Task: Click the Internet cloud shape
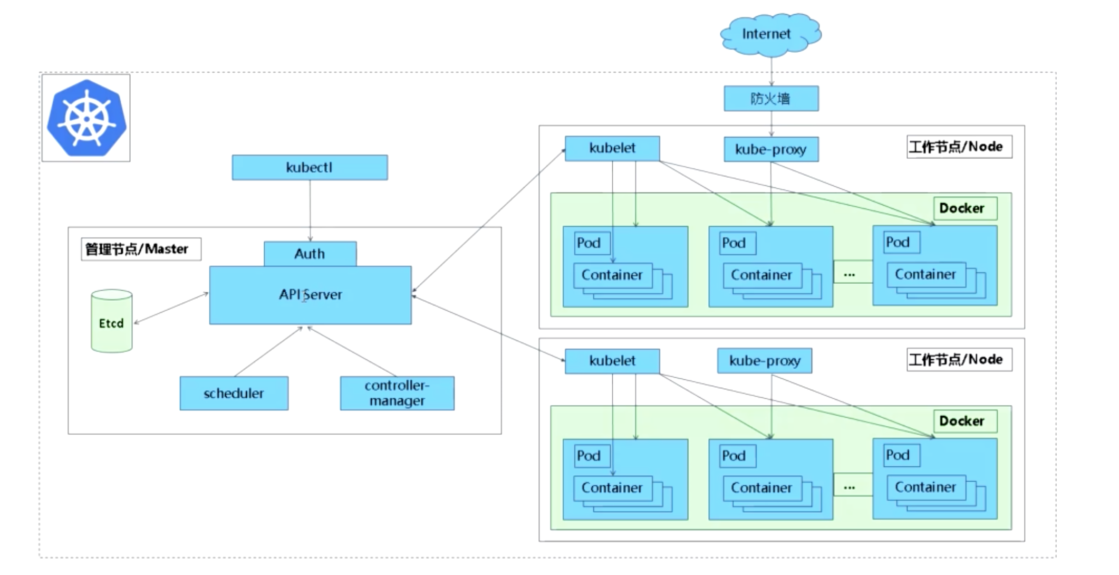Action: coord(770,34)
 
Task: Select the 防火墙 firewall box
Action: coord(771,99)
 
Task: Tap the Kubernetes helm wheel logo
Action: coord(86,118)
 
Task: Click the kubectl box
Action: coord(310,167)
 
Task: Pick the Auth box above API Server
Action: coord(310,254)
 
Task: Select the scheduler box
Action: coord(234,393)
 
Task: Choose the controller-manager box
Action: coord(397,393)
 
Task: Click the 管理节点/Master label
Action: coord(140,249)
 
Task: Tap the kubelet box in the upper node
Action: coord(612,148)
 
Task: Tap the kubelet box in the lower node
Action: coord(612,361)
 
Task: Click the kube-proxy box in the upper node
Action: coord(770,149)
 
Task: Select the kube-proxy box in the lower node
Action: coord(764,361)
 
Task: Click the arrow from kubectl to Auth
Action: coord(310,211)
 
